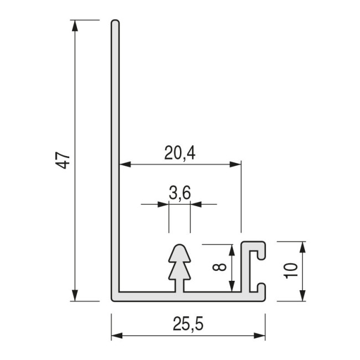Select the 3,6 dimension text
click(x=179, y=193)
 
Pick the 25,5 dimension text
click(x=188, y=325)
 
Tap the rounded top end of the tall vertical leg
click(x=115, y=23)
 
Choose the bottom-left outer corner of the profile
click(x=112, y=300)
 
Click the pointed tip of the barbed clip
click(x=179, y=244)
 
